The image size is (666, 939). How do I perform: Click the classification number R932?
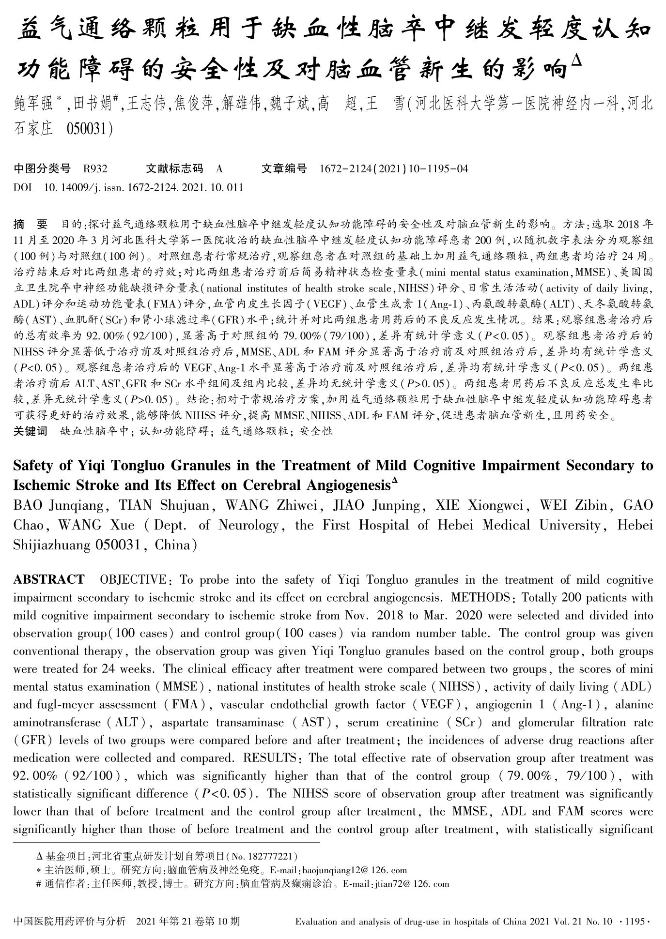pyautogui.click(x=95, y=169)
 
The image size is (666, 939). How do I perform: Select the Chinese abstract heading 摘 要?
pyautogui.click(x=31, y=224)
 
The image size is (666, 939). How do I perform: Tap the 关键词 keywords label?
pyautogui.click(x=30, y=431)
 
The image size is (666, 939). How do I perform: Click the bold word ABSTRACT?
pyautogui.click(x=49, y=580)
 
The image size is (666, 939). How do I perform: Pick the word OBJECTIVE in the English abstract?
pyautogui.click(x=132, y=580)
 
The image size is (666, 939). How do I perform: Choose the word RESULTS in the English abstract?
pyautogui.click(x=271, y=758)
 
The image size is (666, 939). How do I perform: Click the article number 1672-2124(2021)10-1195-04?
pyautogui.click(x=394, y=169)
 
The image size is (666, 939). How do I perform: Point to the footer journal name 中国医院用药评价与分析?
pyautogui.click(x=70, y=922)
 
